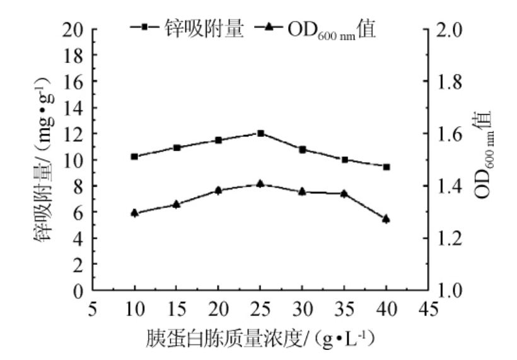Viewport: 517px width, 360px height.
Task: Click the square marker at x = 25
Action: click(260, 133)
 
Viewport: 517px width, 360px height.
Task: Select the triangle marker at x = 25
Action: click(260, 183)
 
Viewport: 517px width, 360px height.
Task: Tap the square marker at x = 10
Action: click(134, 156)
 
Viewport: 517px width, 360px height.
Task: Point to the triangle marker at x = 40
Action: click(386, 219)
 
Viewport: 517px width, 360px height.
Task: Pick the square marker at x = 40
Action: click(386, 166)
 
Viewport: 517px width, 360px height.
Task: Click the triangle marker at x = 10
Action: click(134, 213)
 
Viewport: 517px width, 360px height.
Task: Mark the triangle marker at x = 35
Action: click(344, 194)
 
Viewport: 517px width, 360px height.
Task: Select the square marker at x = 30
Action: click(303, 149)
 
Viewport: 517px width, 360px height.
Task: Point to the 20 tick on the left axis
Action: click(72, 29)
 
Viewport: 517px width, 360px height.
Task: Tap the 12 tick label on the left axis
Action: click(72, 134)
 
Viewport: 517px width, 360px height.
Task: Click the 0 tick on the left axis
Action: click(78, 291)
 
